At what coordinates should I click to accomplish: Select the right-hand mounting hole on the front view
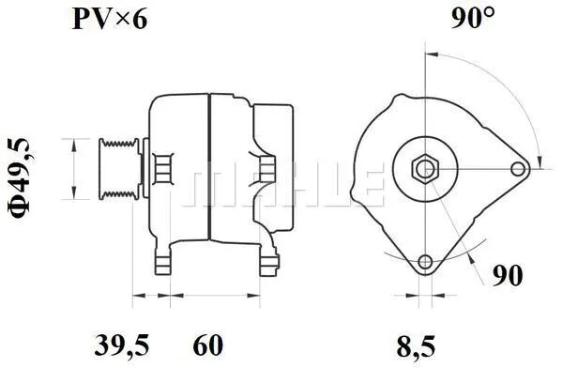point(518,169)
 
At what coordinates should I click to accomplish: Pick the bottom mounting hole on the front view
point(424,262)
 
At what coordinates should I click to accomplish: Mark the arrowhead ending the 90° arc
point(538,157)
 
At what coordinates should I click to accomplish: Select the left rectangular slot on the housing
point(162,168)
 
